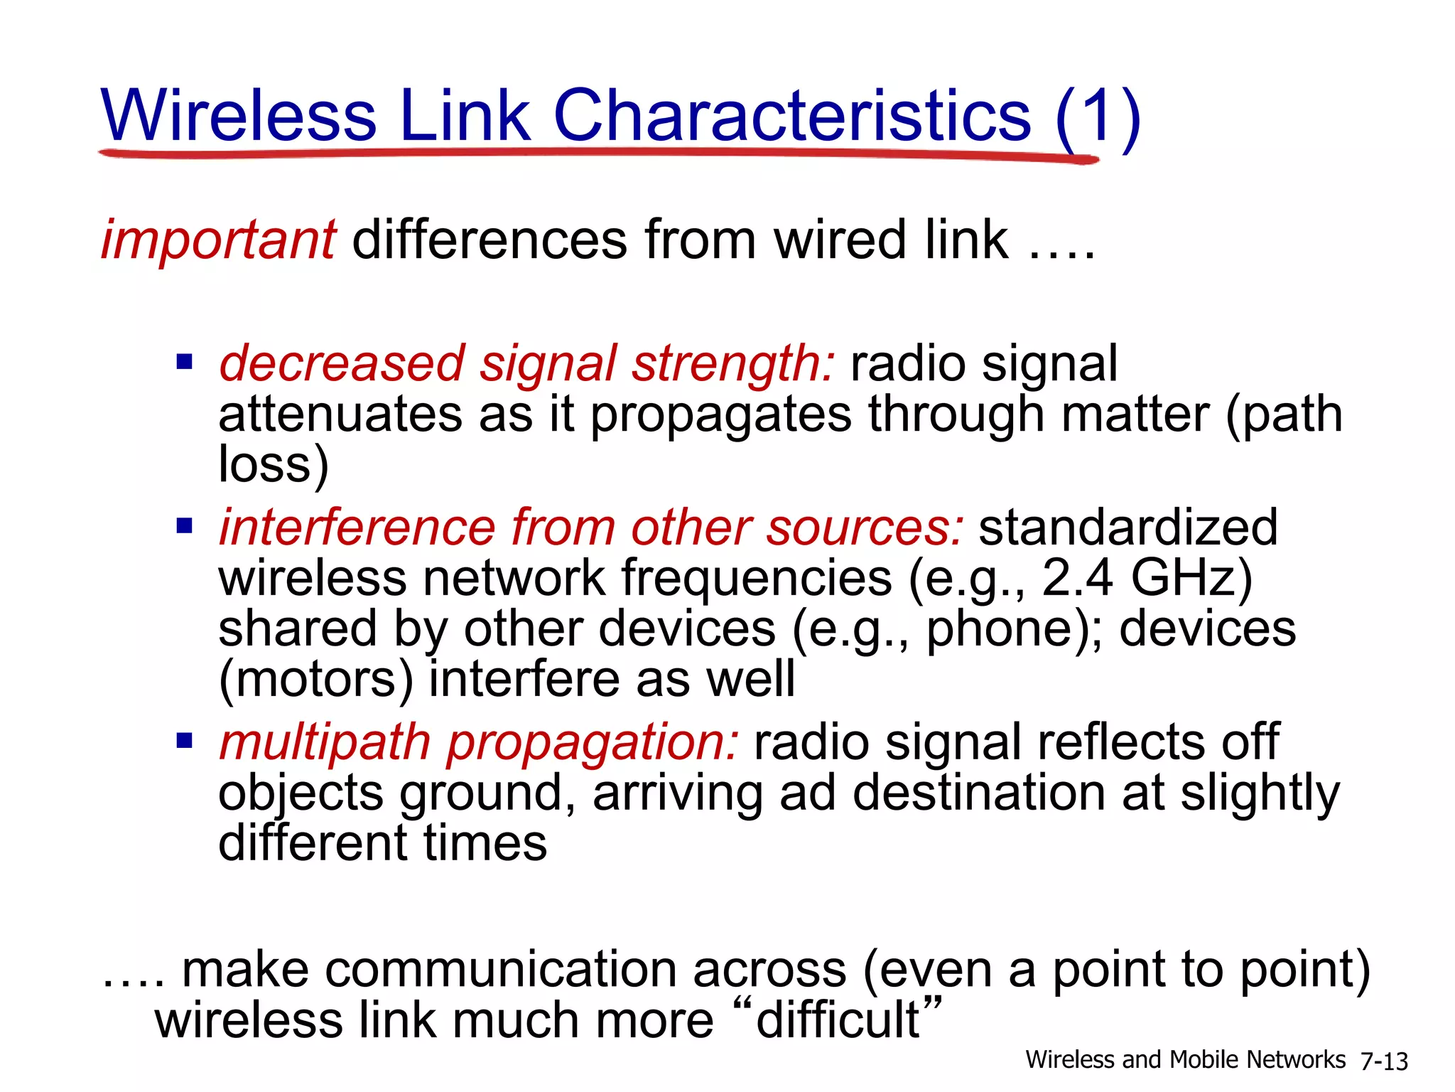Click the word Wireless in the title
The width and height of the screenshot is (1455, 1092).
click(239, 115)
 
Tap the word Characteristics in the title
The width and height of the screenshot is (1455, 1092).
click(791, 115)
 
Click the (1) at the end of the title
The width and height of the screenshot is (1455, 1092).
click(1098, 117)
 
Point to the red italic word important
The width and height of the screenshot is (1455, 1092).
click(218, 240)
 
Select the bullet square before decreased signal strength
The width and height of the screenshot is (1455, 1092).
click(185, 363)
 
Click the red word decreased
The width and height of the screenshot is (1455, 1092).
click(341, 364)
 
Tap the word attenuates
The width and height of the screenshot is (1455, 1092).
click(340, 415)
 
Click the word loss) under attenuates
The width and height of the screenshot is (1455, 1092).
click(273, 465)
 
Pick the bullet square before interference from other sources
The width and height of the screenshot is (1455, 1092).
click(185, 527)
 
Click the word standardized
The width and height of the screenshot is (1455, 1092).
click(1128, 528)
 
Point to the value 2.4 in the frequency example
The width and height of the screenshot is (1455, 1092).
click(1077, 578)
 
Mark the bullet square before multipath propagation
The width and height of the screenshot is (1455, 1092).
click(185, 742)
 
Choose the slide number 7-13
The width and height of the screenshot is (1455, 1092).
click(1383, 1061)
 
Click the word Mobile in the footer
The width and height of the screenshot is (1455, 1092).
click(1204, 1060)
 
